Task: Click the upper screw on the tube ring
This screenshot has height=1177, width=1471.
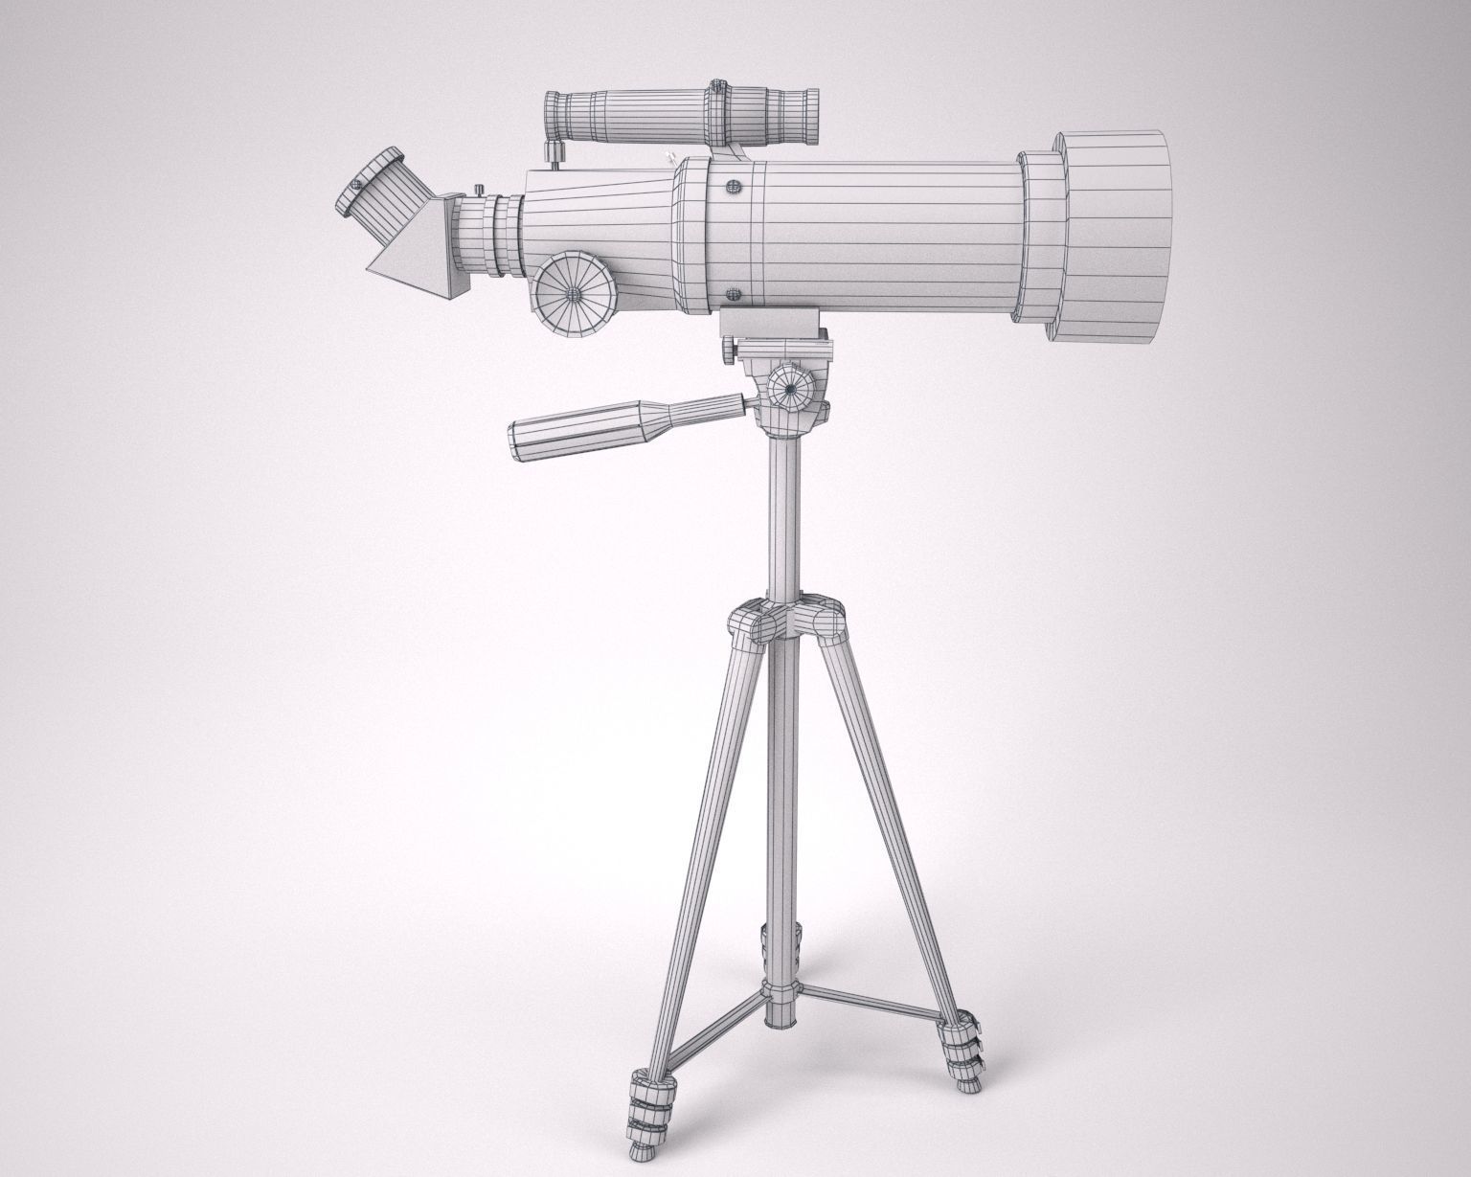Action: (735, 187)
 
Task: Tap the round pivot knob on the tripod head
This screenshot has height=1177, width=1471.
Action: (790, 388)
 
